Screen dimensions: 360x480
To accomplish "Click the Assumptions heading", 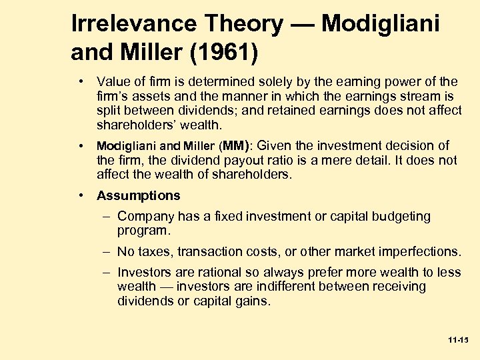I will coord(139,195).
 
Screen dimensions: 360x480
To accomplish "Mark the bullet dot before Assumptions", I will coord(81,195).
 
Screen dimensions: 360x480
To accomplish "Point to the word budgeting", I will coord(402,217).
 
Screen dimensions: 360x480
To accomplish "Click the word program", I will coord(144,231).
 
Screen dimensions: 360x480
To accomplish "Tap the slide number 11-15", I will coord(459,340).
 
